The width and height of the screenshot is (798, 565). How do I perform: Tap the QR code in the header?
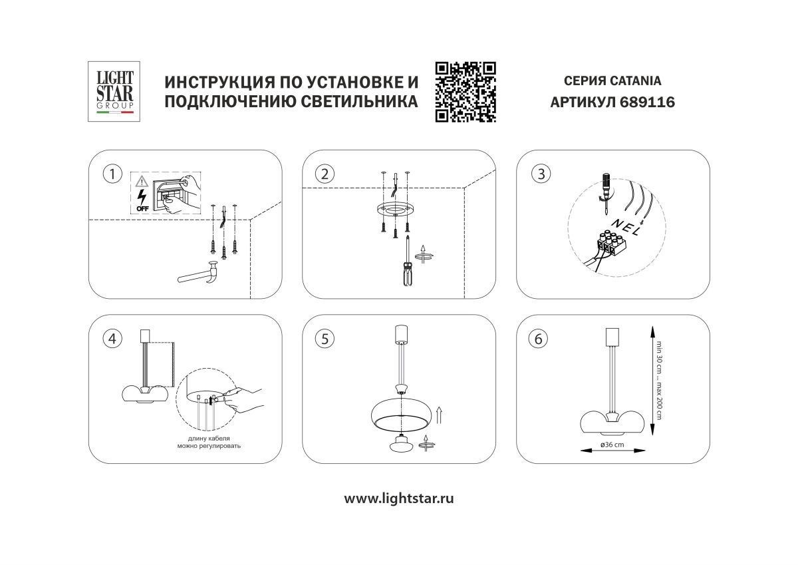coord(465,92)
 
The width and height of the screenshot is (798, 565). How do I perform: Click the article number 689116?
coord(648,102)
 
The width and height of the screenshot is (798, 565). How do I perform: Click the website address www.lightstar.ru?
coord(399,498)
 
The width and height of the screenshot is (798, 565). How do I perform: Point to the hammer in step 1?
coord(202,274)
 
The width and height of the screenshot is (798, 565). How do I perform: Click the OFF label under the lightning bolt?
coord(142,208)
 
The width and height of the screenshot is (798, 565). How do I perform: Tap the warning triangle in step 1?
coord(142,181)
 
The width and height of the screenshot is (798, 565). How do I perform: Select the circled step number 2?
coord(325,174)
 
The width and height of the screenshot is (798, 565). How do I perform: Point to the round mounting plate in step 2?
coord(395,210)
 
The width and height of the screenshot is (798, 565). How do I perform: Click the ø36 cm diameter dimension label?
coord(612,444)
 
